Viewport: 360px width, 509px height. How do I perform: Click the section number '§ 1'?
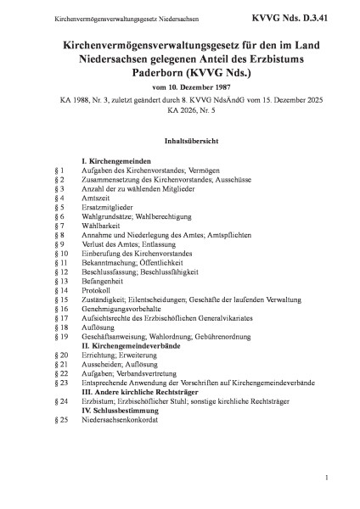pos(59,171)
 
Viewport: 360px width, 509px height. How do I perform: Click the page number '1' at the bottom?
pos(326,478)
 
